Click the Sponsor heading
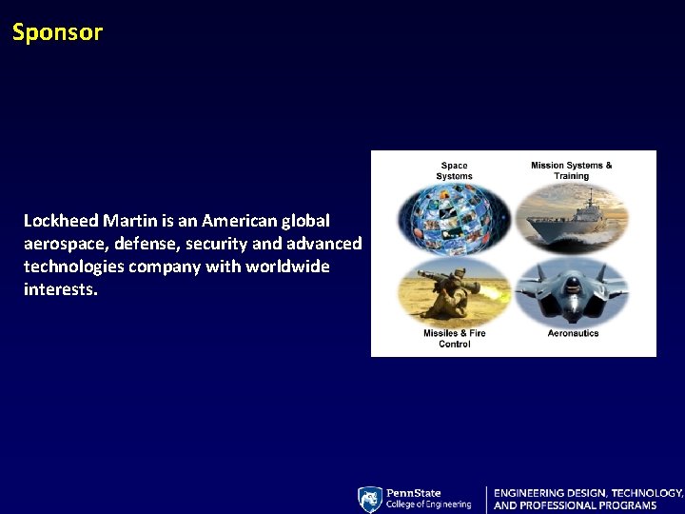click(x=57, y=32)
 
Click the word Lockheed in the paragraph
click(x=62, y=221)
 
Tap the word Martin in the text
click(x=132, y=221)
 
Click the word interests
click(x=60, y=289)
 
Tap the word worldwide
click(x=287, y=267)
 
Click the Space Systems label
click(x=454, y=170)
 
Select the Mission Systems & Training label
click(x=572, y=170)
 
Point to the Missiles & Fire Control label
click(x=454, y=339)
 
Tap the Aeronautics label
click(x=573, y=334)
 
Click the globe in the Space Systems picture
click(x=454, y=216)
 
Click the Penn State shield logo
click(x=370, y=500)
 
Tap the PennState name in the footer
click(x=414, y=493)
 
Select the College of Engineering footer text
click(x=428, y=504)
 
